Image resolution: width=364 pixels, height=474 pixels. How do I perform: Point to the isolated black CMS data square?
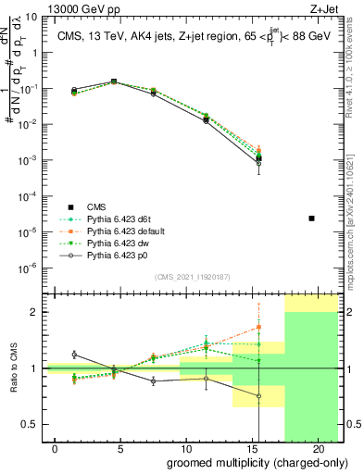(311, 218)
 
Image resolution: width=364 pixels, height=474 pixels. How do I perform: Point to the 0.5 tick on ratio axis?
(31, 424)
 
